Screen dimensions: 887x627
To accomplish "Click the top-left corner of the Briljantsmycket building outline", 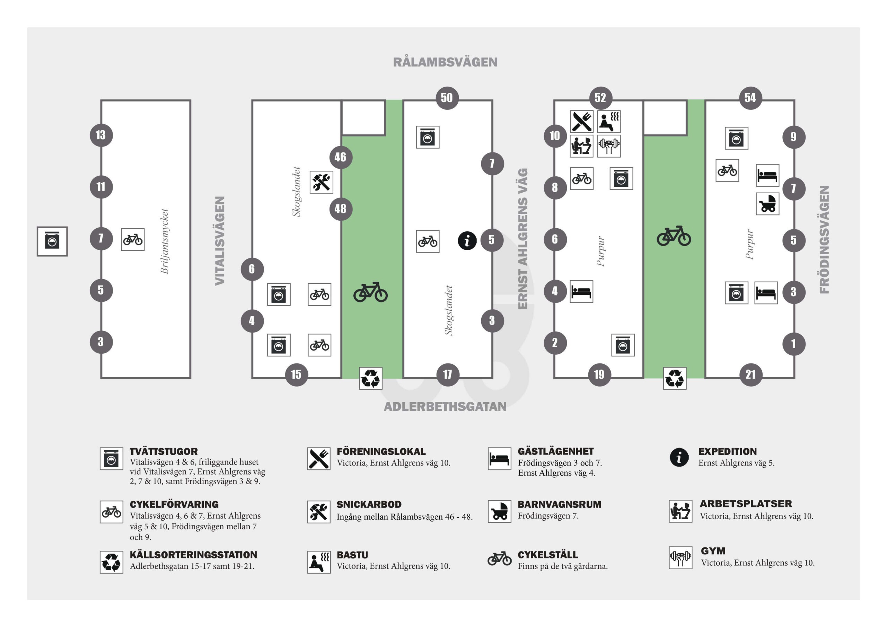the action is pos(101,100).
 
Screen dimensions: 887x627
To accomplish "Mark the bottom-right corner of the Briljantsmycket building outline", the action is pos(191,378).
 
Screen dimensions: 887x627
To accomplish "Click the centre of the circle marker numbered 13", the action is pos(101,135).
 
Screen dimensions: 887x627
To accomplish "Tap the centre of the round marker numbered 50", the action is pos(447,98).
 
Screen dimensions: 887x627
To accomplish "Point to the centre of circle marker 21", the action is pos(750,374).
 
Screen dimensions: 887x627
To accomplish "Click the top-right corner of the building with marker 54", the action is pos(794,100).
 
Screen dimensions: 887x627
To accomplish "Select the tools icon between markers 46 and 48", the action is pos(322,182).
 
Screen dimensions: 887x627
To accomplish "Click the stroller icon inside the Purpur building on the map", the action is pos(767,204).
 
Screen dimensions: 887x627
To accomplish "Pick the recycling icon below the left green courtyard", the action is pos(371,378).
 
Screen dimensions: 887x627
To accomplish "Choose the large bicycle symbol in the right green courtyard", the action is pos(674,236).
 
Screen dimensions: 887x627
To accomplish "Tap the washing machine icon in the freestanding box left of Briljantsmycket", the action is pos(52,241).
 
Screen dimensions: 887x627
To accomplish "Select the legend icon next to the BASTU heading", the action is pos(319,562).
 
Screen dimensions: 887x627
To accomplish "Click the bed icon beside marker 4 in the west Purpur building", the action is pos(581,291).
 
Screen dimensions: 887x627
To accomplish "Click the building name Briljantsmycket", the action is pos(165,241).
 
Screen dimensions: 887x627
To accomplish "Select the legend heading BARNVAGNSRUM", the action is pos(559,504).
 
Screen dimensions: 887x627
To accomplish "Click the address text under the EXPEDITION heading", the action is pos(736,463).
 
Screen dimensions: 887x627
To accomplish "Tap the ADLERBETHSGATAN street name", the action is pos(445,406).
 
